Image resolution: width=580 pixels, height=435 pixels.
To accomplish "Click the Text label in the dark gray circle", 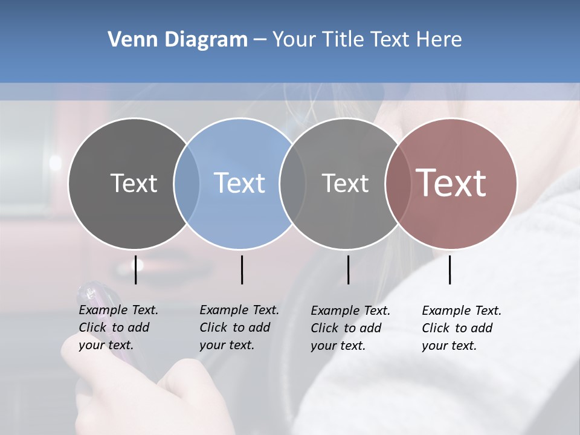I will coord(134,183).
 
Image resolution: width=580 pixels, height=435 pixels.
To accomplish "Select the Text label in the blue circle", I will coord(239,183).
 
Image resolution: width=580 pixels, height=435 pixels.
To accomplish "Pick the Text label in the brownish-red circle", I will coord(451,182).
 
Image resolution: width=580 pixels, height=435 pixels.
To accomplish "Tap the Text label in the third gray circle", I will coord(345,183).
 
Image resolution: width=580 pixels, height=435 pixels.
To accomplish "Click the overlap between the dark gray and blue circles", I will coord(187,183).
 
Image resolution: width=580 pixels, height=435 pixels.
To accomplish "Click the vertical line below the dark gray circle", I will coord(135,269).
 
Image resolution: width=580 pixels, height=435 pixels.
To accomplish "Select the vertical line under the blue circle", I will coord(242,269).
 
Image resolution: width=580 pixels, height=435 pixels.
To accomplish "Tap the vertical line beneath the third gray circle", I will coord(348,269).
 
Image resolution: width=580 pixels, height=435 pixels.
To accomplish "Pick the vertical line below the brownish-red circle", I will coord(449,269).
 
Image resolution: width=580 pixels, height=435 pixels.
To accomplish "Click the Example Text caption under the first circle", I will coord(118,327).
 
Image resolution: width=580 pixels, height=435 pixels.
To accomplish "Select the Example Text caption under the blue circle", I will coord(239,327).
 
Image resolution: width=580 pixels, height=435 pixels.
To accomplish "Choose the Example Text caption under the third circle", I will coord(350,328).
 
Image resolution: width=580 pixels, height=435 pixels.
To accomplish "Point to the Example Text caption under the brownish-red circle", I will coord(461,328).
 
